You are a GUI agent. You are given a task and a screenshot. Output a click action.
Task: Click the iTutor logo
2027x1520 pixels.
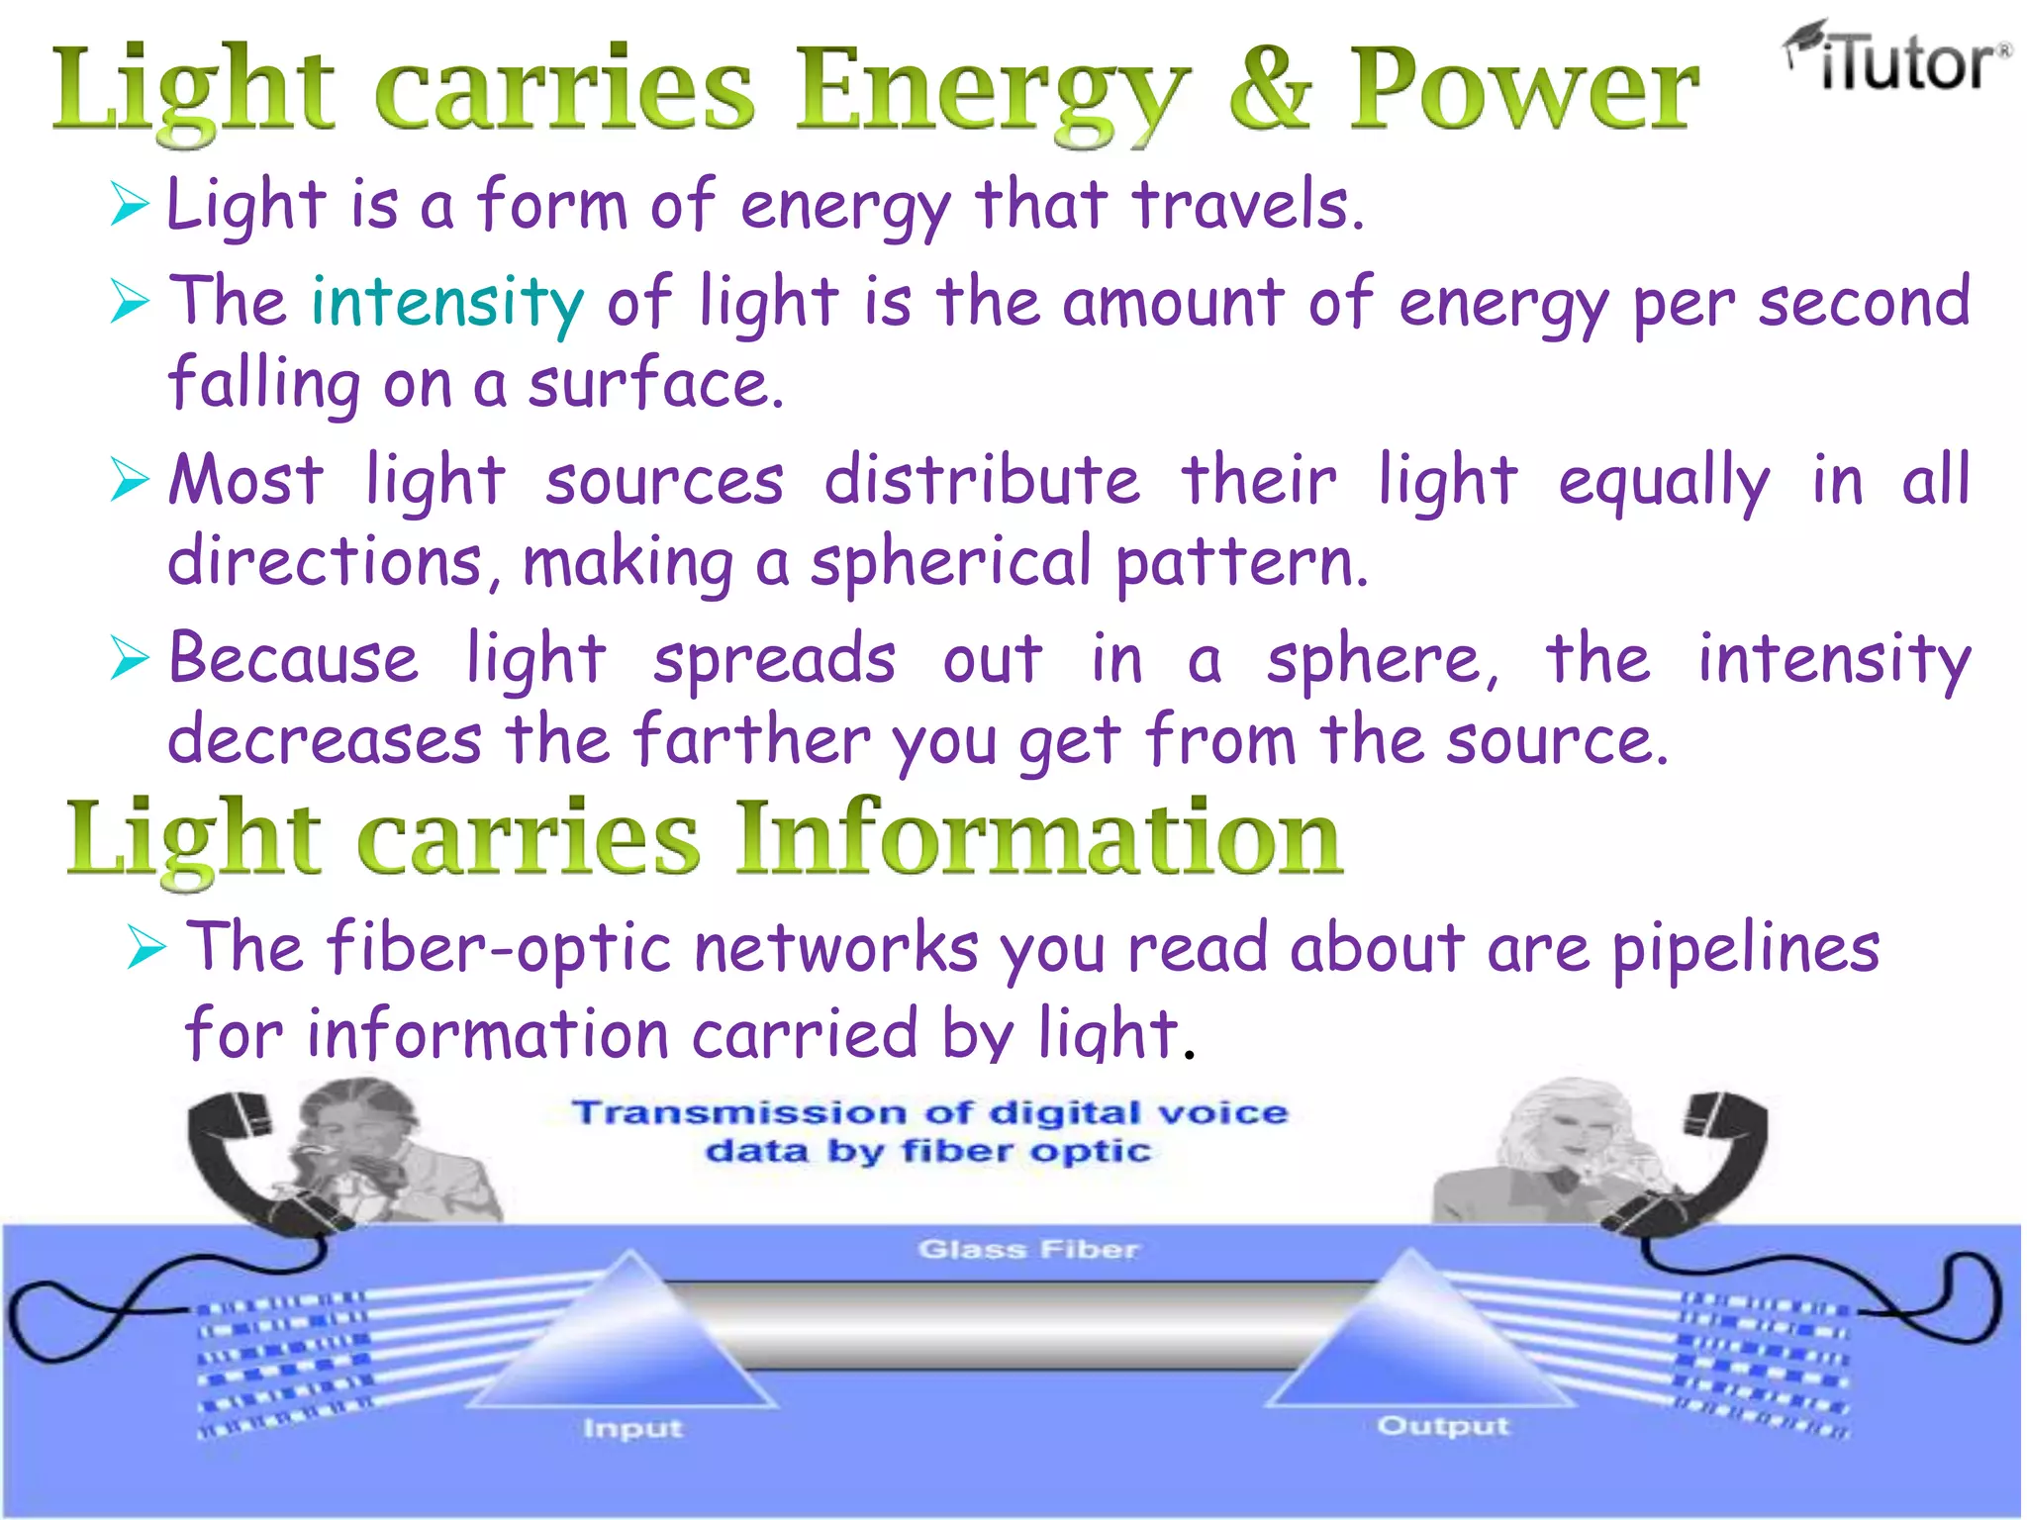pos(1898,59)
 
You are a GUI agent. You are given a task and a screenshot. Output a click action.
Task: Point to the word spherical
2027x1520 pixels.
pos(950,562)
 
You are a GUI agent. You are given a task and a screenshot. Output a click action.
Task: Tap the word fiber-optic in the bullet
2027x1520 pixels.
pos(500,948)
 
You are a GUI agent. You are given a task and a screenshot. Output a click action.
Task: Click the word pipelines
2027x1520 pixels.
pos(1746,948)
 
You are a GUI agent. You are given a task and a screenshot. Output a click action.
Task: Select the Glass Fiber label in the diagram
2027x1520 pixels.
pos(1028,1250)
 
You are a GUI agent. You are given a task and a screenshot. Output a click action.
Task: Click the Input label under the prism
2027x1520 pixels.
pos(632,1428)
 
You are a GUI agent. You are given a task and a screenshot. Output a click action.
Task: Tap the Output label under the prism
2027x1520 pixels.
pos(1443,1426)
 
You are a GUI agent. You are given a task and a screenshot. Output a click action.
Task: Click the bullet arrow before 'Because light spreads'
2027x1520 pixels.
pos(130,659)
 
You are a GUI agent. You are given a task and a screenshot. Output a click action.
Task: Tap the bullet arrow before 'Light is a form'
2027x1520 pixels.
pos(130,205)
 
